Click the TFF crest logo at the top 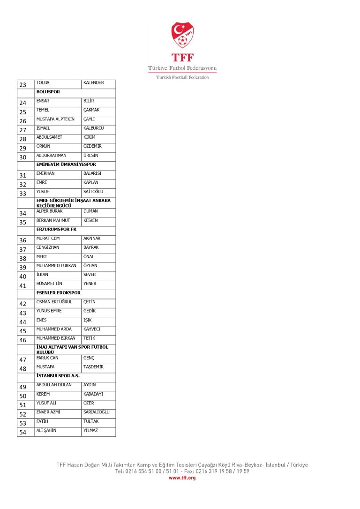point(182,36)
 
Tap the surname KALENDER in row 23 point(93,83)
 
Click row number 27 point(22,130)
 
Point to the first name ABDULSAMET point(49,137)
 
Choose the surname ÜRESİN point(92,156)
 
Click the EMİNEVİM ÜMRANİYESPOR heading point(66,165)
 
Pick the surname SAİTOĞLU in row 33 point(93,192)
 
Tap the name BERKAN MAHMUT point(53,220)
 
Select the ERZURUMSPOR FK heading point(56,229)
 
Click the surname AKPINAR point(92,239)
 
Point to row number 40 point(22,277)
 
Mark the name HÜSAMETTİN point(49,284)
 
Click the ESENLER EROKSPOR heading point(58,293)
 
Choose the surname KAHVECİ point(92,329)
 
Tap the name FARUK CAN point(47,358)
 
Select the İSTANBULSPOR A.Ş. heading point(58,376)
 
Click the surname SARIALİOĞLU point(96,412)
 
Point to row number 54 point(22,432)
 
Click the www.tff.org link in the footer point(182,478)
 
